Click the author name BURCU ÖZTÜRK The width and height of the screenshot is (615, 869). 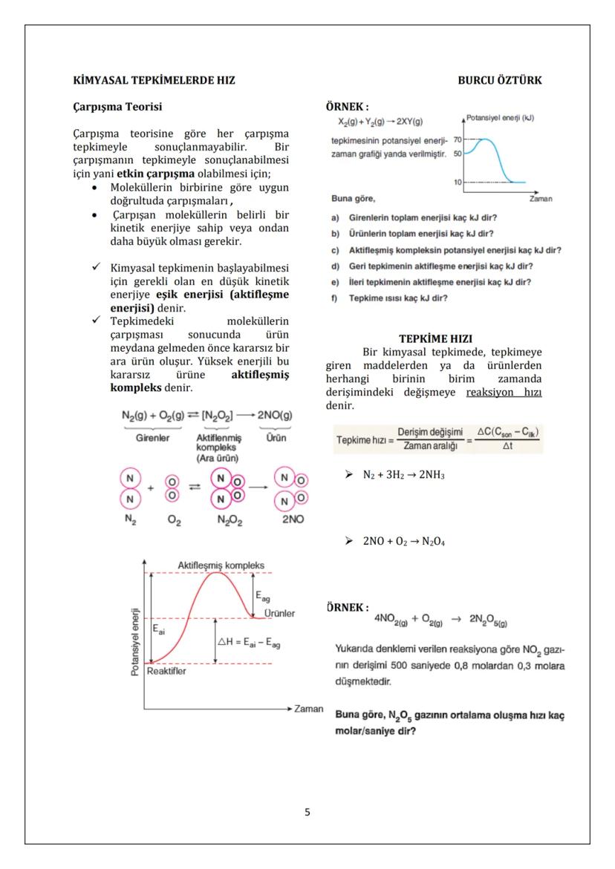tap(499, 80)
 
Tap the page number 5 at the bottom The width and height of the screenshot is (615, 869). tap(307, 812)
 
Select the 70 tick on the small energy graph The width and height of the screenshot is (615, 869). tap(457, 139)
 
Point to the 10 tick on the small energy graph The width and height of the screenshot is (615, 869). tap(457, 182)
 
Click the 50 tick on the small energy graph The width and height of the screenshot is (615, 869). tap(457, 154)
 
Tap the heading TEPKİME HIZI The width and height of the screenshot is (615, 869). tap(435, 338)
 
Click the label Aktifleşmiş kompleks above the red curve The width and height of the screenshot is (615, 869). tap(221, 565)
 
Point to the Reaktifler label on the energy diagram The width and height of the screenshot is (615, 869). tap(166, 672)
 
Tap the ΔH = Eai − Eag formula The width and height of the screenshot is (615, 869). tap(248, 642)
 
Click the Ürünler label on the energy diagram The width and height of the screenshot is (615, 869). tap(279, 614)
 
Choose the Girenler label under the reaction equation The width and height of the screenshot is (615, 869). tap(152, 438)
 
